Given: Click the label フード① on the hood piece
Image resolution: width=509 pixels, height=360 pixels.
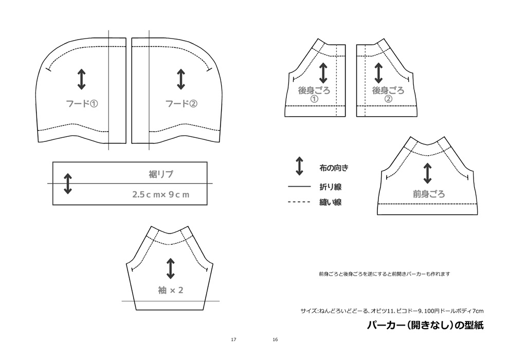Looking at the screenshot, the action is pyautogui.click(x=82, y=103).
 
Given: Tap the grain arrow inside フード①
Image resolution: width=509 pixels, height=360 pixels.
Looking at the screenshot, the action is pyautogui.click(x=82, y=79).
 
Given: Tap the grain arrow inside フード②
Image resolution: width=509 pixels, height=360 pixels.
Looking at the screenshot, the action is pyautogui.click(x=181, y=79).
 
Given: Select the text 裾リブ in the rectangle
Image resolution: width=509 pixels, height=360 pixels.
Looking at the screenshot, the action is pyautogui.click(x=161, y=174).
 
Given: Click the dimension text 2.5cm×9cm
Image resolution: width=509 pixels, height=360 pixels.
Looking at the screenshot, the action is pyautogui.click(x=160, y=195).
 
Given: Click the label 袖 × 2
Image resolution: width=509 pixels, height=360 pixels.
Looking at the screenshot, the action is pyautogui.click(x=171, y=290).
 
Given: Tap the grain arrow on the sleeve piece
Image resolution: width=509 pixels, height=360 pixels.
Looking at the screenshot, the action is pyautogui.click(x=171, y=268).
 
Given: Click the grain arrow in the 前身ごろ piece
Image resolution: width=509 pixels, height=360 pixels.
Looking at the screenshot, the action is pyautogui.click(x=427, y=173).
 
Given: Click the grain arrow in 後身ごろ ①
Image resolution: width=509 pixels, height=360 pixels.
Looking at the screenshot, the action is pyautogui.click(x=323, y=73).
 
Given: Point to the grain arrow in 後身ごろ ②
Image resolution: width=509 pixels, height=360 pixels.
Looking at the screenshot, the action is pyautogui.click(x=378, y=73).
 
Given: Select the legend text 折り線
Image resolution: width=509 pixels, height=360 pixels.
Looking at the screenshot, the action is pyautogui.click(x=330, y=187).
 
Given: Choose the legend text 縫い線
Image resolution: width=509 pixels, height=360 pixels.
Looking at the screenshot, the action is pyautogui.click(x=330, y=203).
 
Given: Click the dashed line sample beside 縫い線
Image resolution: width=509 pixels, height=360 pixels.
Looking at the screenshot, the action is pyautogui.click(x=299, y=203).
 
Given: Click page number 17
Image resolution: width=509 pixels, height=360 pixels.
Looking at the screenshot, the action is pyautogui.click(x=233, y=340).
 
